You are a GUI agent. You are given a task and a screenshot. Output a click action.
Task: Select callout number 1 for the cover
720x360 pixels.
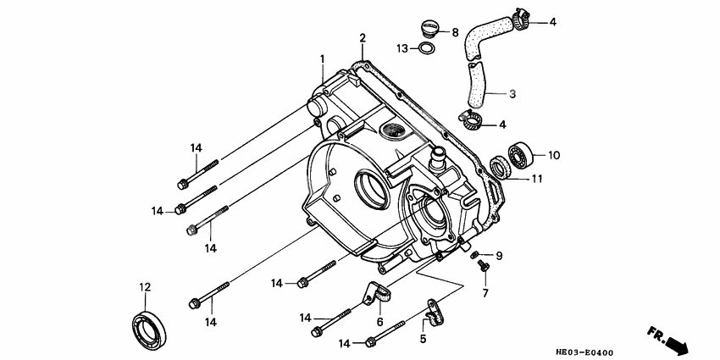point(322,58)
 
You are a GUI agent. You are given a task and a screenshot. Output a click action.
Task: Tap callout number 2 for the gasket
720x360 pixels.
point(362,38)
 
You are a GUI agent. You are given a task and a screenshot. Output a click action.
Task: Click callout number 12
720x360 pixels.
point(145,286)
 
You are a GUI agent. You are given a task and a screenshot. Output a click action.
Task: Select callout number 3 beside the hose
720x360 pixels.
point(512,93)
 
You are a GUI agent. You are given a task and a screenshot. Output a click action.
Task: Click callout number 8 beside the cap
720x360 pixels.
point(455,32)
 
